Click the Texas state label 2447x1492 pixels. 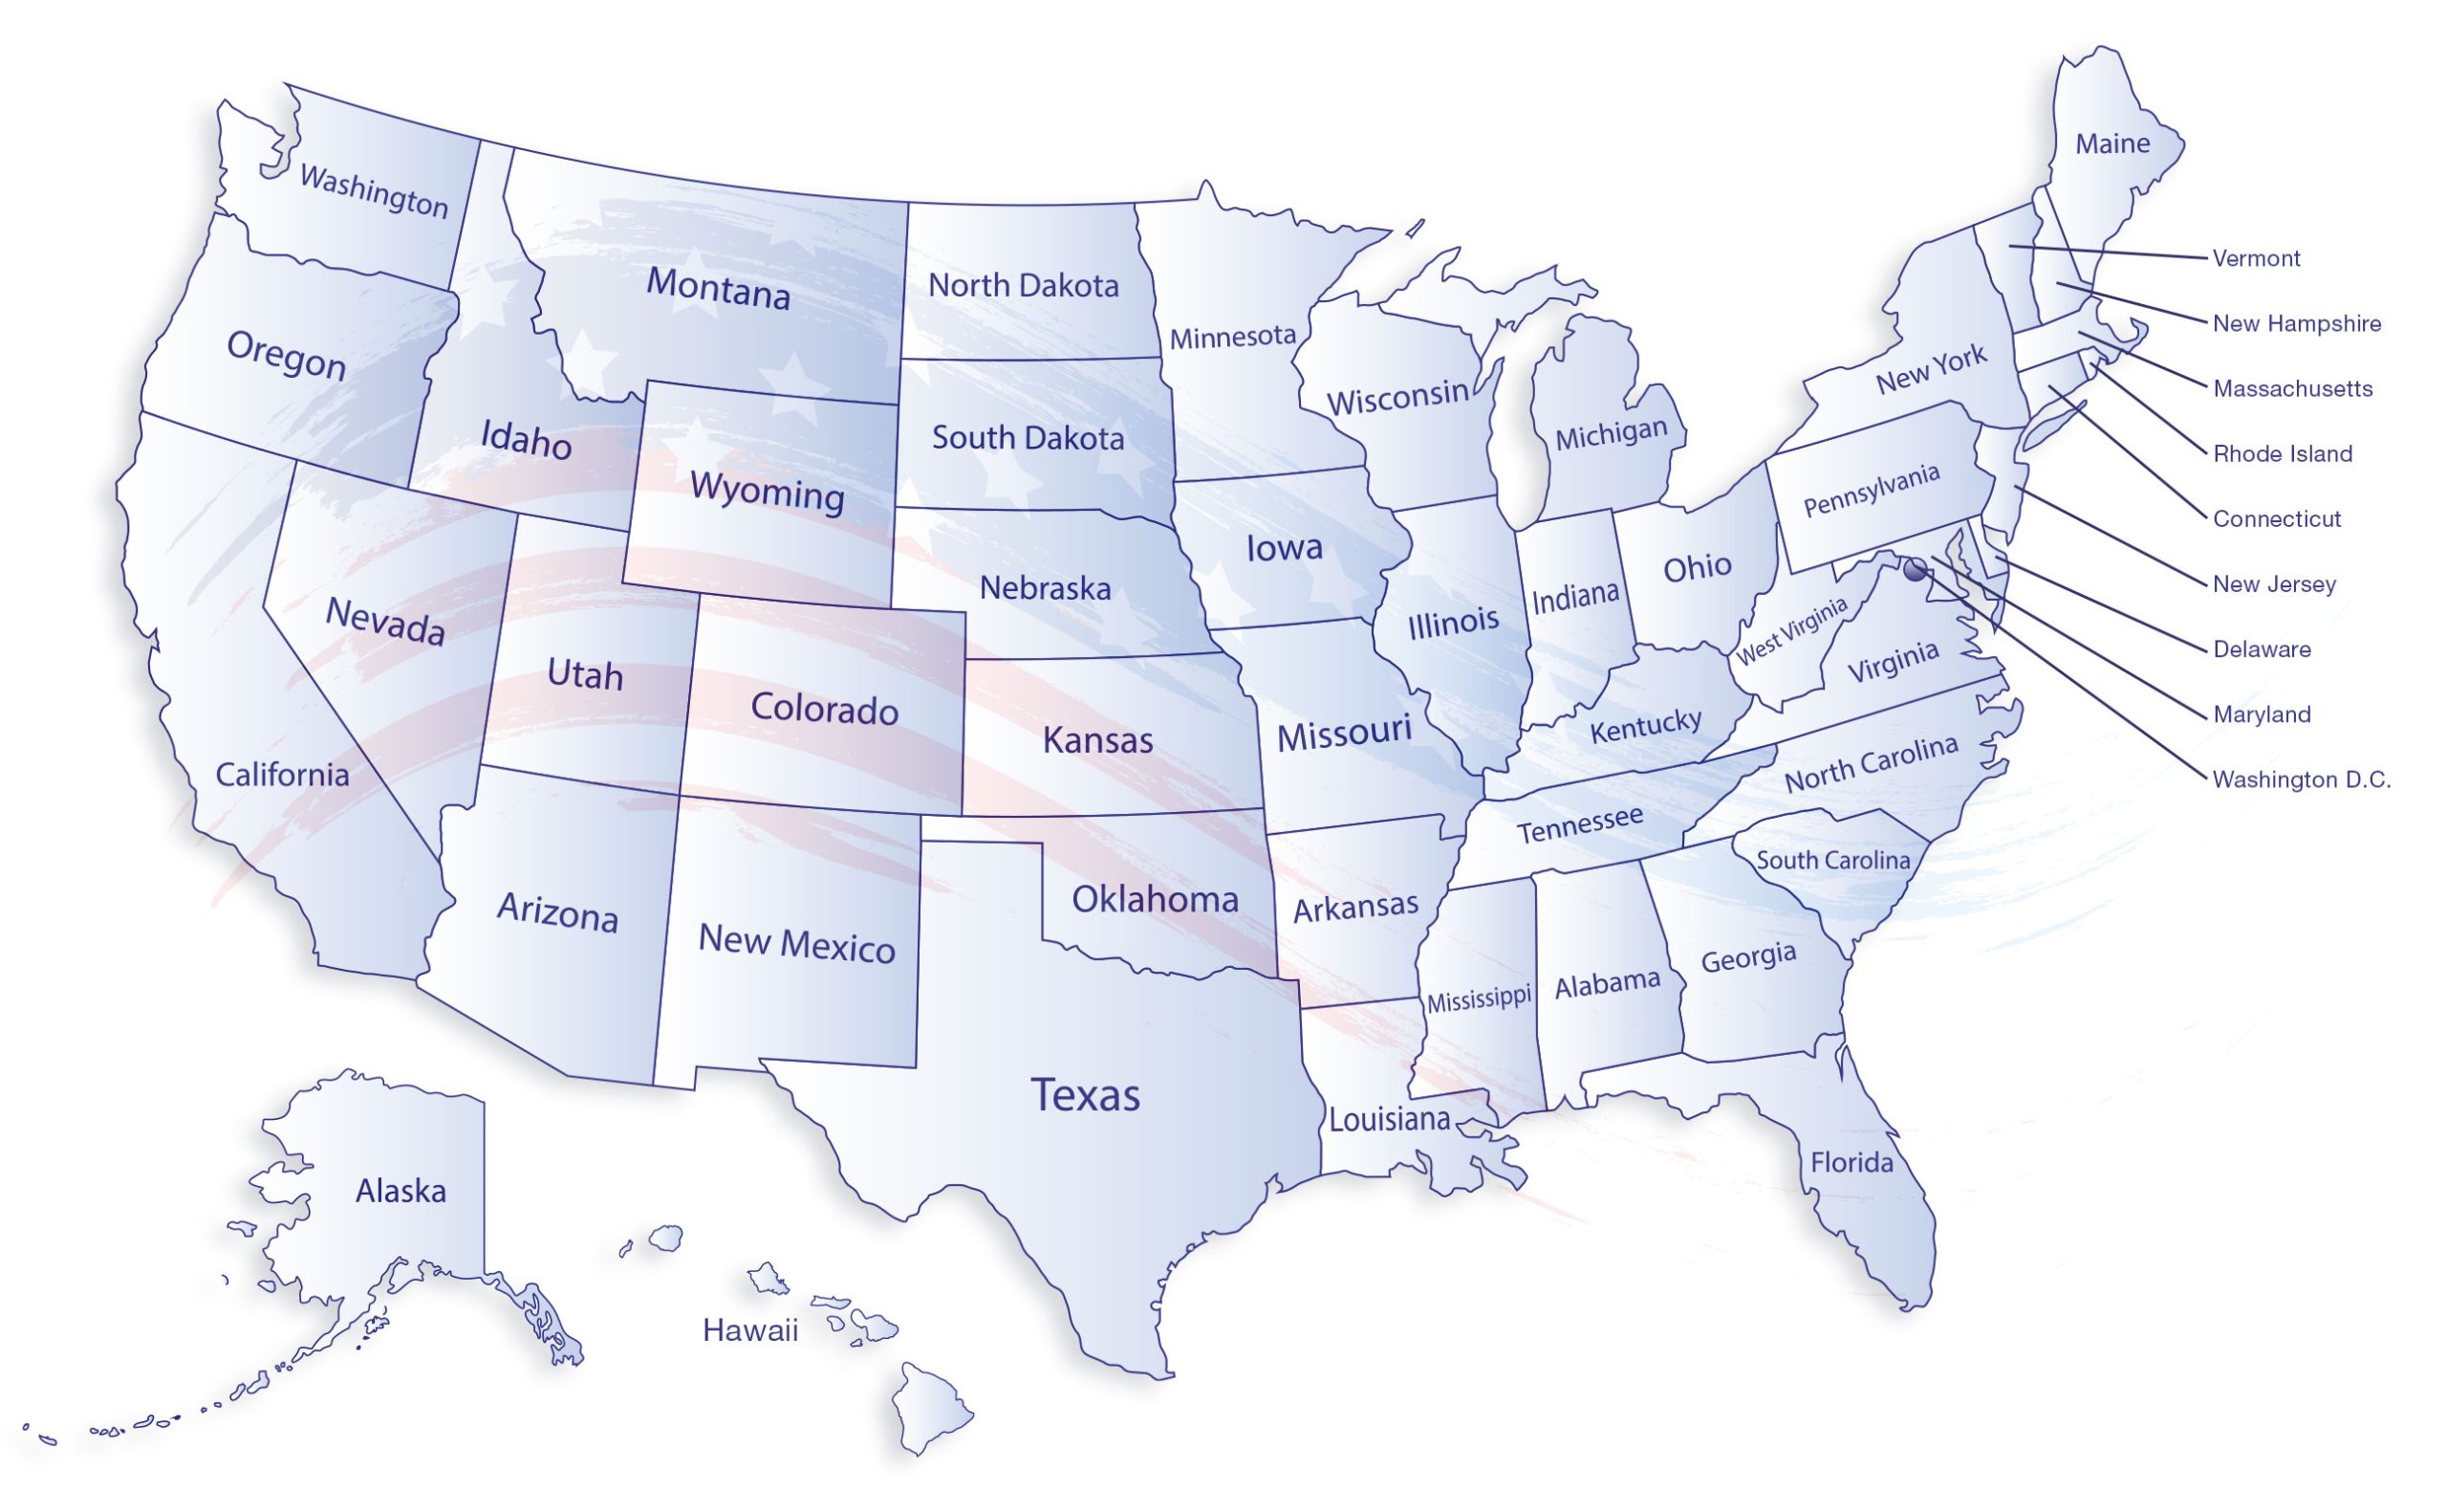[x=1086, y=1095]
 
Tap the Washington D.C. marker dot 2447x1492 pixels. [x=1916, y=568]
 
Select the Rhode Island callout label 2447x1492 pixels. [x=2283, y=454]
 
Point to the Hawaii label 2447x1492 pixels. [x=749, y=1330]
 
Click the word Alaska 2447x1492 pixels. [x=401, y=1190]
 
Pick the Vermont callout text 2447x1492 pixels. [x=2257, y=258]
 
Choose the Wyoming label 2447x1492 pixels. [x=767, y=492]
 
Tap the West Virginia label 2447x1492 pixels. [x=1791, y=632]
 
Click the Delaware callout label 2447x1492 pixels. [x=2263, y=649]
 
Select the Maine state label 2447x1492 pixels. [x=2112, y=144]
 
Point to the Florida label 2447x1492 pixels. [x=1851, y=1162]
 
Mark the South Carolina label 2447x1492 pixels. [x=1833, y=860]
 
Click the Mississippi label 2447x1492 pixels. [x=1479, y=998]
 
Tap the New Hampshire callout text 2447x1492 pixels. [x=2296, y=324]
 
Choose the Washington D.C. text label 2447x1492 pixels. [x=2301, y=779]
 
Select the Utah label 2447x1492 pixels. [x=585, y=675]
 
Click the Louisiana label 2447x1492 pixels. [x=1390, y=1120]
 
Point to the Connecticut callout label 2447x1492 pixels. [x=2276, y=518]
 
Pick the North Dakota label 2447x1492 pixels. [x=1023, y=286]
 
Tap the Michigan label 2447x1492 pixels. [x=1611, y=435]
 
